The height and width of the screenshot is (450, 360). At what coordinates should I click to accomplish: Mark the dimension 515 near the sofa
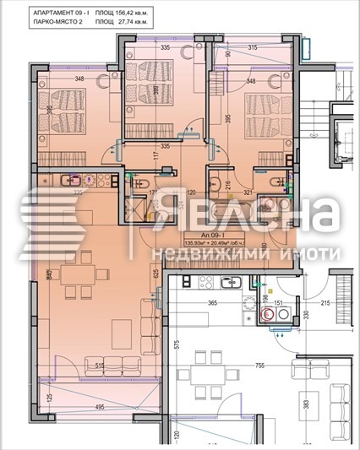[100, 366]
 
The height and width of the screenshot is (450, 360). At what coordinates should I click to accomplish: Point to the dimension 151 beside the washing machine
[280, 298]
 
